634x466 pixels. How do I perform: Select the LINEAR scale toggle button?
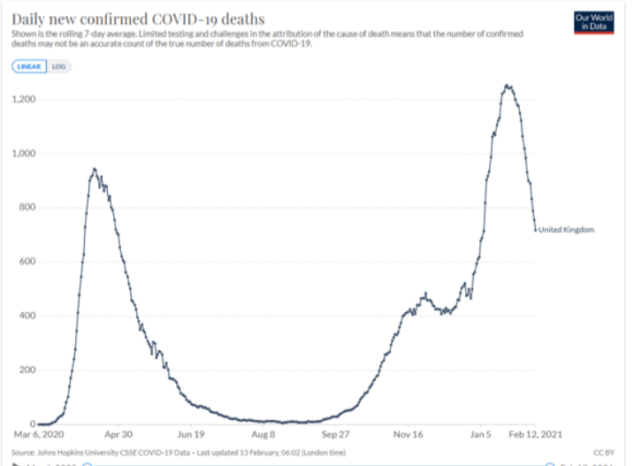point(31,66)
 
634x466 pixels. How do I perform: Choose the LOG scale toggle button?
point(59,66)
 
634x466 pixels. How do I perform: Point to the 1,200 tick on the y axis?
point(23,99)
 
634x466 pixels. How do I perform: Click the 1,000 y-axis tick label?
point(23,153)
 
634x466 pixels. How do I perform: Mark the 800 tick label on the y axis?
point(27,208)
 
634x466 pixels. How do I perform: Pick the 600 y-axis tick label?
point(27,262)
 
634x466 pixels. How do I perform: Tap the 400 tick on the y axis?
point(27,316)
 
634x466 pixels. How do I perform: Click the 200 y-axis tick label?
point(27,370)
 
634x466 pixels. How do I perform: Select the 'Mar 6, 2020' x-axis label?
point(39,435)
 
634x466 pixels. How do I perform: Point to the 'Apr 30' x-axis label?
point(118,435)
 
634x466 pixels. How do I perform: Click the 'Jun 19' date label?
point(190,435)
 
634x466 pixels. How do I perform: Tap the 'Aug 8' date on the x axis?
point(264,435)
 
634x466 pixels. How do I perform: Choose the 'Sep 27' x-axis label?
point(336,435)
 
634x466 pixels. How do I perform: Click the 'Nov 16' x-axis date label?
point(409,435)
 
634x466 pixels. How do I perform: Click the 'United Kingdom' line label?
point(567,230)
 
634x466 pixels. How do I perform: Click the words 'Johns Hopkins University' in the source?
point(75,452)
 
